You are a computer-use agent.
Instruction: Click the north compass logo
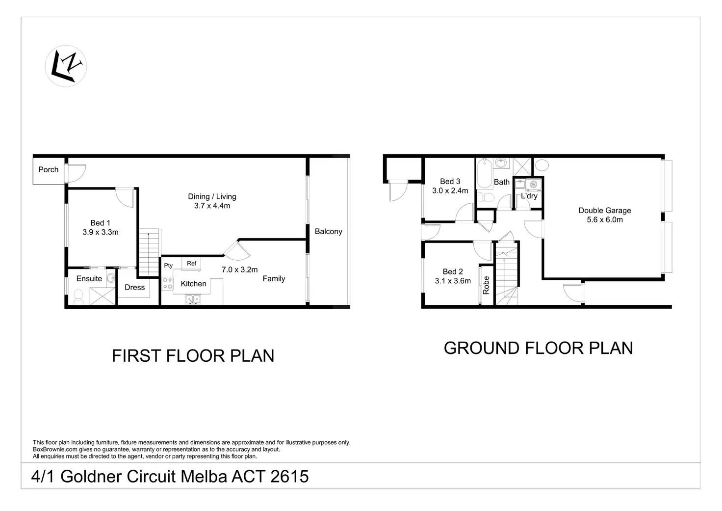coord(66,66)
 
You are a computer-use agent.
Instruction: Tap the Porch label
coord(49,170)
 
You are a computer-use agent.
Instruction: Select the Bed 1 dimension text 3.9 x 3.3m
coord(101,232)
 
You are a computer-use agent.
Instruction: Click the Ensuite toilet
coord(78,297)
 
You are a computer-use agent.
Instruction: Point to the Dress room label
coord(135,288)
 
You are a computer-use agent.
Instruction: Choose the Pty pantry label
coord(168,266)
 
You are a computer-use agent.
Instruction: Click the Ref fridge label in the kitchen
coord(191,264)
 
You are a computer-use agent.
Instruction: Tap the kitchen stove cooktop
coord(167,284)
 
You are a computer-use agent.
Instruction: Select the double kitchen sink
coord(193,300)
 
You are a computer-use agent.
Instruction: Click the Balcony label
coord(329,232)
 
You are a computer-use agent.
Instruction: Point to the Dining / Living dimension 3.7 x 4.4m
coord(212,206)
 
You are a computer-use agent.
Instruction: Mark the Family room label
coord(274,279)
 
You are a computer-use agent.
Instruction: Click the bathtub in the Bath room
coord(484,174)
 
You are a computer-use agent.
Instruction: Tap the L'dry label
coord(529,196)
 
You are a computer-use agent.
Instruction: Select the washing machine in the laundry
coord(534,185)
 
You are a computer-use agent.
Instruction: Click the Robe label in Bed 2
coord(487,285)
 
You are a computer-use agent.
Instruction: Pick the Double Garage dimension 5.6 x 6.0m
coord(605,220)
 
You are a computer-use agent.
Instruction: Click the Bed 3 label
coord(450,182)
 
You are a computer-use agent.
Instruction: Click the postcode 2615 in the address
coord(289,477)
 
